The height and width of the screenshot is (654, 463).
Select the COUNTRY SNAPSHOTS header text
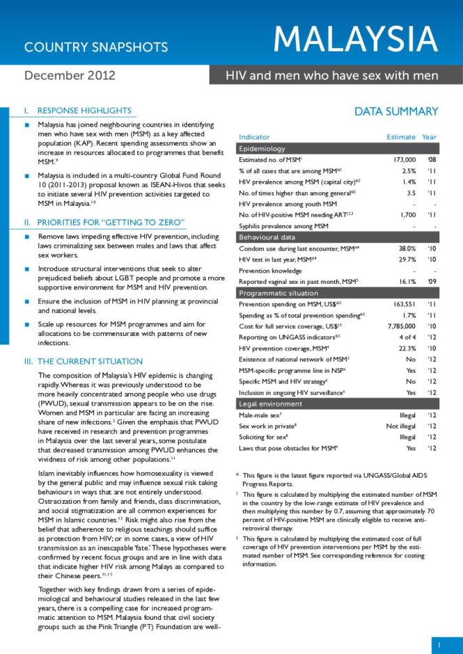(x=96, y=47)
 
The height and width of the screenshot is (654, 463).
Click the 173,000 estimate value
(x=390, y=160)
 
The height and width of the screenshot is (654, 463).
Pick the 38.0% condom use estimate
(x=393, y=248)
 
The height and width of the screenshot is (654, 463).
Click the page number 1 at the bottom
(x=439, y=645)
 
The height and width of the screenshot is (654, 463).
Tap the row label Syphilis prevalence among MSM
(x=283, y=226)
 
